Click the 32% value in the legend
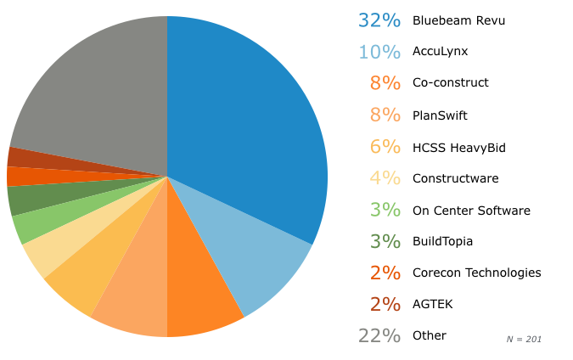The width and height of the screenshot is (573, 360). pos(379,20)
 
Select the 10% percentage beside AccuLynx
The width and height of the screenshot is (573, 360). pos(379,52)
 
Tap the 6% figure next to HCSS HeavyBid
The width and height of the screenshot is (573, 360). pos(385,147)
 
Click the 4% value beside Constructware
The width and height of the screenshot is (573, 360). pos(385,178)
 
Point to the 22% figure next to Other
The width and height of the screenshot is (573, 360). pos(379,335)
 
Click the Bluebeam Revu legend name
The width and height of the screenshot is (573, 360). pos(458,20)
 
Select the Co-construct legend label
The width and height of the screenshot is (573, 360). pos(450,83)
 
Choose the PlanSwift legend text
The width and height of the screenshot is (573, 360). pos(440,115)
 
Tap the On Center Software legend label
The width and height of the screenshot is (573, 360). pos(471,211)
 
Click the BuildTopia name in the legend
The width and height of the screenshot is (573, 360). pos(442,242)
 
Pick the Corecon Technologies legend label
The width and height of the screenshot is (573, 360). pos(476,273)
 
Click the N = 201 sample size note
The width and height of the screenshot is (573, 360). pos(524,340)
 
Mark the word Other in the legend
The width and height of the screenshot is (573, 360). pos(429,335)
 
